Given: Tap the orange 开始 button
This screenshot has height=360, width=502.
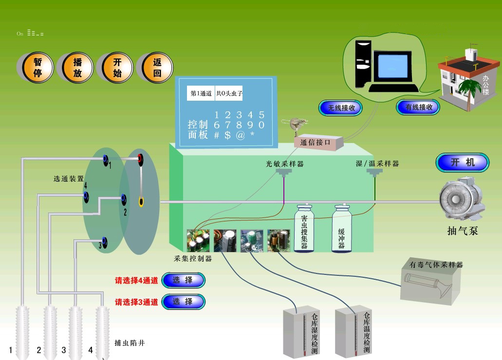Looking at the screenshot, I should (117, 68).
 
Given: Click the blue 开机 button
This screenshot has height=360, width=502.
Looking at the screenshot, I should (462, 163).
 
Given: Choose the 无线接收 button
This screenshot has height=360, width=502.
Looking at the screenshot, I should (341, 108).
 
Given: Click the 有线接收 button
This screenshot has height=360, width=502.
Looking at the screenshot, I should (418, 108).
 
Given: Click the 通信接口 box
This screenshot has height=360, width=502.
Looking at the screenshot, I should (318, 143).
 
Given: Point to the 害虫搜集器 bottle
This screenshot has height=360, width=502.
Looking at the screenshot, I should (304, 228).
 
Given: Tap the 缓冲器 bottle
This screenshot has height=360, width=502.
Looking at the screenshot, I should (341, 228).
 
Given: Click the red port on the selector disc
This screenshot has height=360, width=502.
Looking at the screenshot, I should (140, 158).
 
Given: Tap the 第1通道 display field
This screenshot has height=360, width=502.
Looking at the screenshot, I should (201, 93).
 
